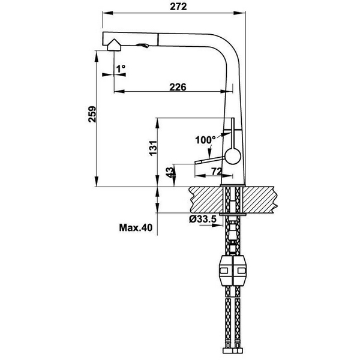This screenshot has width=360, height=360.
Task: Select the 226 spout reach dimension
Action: (x=176, y=87)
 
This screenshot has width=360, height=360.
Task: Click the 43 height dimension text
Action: (x=170, y=173)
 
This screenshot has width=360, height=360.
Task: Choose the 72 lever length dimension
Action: (x=217, y=172)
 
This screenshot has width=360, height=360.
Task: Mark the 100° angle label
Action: (x=205, y=140)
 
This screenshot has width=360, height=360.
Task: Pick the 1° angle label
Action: (x=121, y=69)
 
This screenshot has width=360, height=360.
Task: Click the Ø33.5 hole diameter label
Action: (x=202, y=220)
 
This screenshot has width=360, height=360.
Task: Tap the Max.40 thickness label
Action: (x=135, y=227)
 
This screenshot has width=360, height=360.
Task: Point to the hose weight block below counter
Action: (x=233, y=272)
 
